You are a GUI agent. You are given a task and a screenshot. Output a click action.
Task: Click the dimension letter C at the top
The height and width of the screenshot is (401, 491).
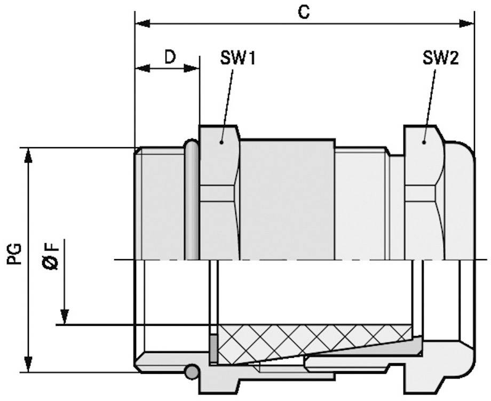304,12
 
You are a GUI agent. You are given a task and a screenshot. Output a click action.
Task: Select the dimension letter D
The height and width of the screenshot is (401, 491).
169,57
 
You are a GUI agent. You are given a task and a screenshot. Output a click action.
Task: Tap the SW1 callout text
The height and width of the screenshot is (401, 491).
237,58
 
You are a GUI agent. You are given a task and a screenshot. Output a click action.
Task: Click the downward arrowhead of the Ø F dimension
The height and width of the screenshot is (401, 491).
64,318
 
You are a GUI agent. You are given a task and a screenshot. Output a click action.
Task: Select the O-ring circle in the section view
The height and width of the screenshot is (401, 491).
192,372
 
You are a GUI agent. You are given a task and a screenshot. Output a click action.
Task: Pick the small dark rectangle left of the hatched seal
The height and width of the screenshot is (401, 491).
213,347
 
